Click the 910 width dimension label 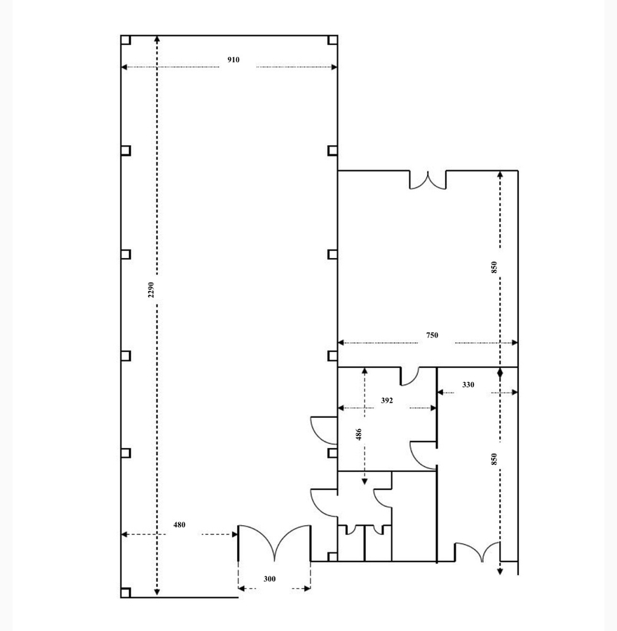(233, 60)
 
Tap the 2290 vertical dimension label (151, 290)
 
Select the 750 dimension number (432, 335)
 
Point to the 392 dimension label (387, 400)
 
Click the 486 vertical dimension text (358, 434)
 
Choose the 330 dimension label (468, 385)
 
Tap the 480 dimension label (179, 524)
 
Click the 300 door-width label (270, 579)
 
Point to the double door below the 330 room (477, 550)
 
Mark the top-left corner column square (126, 40)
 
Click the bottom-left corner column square (126, 592)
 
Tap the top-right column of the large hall (333, 40)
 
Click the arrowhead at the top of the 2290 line (157, 39)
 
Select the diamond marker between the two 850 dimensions (500, 374)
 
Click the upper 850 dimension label (494, 267)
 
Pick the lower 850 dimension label (494, 459)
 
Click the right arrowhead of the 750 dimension (515, 343)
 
